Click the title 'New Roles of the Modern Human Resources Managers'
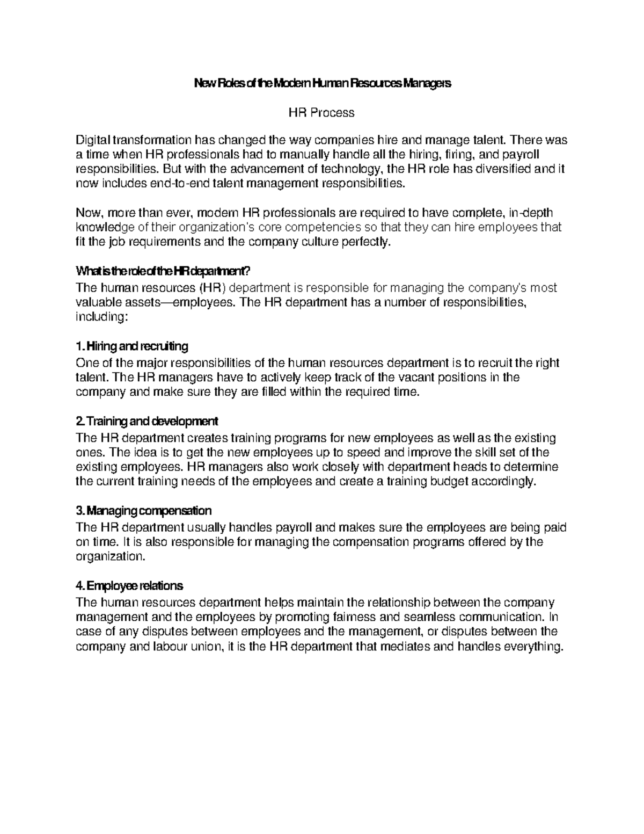coord(322,84)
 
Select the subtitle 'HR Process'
coord(321,113)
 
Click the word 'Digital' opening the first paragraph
coord(92,141)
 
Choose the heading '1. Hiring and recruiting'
coord(132,345)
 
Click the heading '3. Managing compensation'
coord(144,510)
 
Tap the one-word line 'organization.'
coord(111,556)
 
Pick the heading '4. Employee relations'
coord(130,585)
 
